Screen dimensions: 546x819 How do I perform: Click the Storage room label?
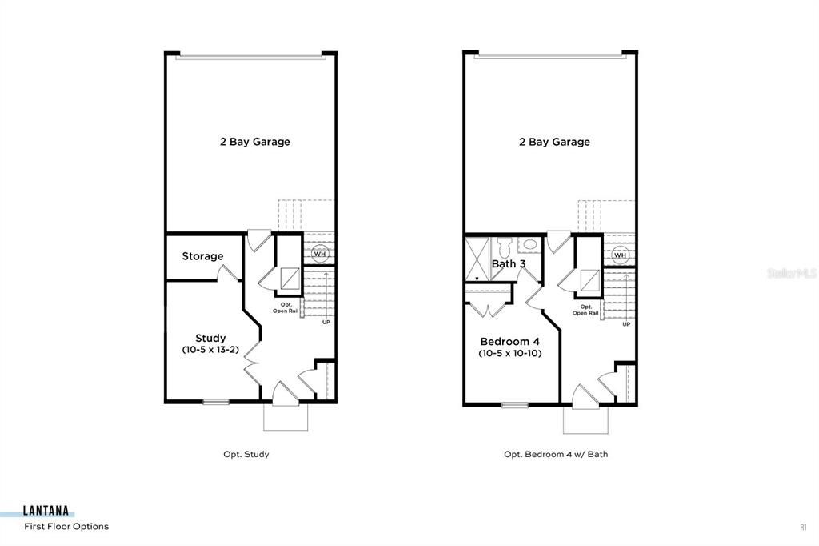click(x=202, y=256)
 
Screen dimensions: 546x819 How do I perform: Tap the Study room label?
click(x=210, y=338)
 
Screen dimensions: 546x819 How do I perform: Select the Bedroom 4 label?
click(x=510, y=341)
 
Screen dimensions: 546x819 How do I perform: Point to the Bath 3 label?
click(x=509, y=263)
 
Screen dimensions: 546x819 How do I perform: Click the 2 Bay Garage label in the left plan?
click(x=254, y=142)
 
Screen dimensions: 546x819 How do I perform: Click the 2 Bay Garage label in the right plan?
click(x=554, y=142)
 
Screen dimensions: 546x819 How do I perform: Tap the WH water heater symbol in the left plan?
click(x=320, y=254)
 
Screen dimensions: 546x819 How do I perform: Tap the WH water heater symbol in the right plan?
click(x=620, y=255)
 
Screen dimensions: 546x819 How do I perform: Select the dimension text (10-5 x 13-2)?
click(x=210, y=350)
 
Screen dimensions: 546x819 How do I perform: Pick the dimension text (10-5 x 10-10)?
click(x=510, y=353)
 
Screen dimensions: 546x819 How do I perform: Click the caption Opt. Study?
click(x=246, y=454)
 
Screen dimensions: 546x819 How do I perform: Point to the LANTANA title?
click(x=46, y=512)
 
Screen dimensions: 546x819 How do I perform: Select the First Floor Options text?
click(x=66, y=527)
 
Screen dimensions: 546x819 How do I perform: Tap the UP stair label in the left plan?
click(x=326, y=323)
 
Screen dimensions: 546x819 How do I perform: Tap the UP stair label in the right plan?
click(x=625, y=324)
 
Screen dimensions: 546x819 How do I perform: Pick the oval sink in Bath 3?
click(x=530, y=244)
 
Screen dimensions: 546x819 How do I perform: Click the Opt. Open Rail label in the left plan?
click(x=286, y=308)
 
